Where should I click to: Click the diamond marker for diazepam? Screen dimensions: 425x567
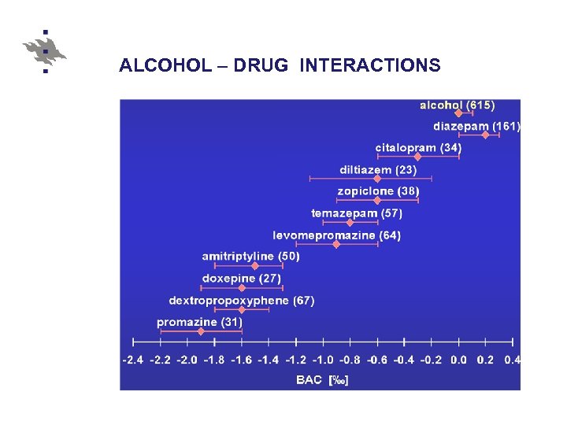[486, 135]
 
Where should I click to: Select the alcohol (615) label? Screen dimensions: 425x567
[458, 105]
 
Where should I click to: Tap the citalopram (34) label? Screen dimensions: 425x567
[418, 147]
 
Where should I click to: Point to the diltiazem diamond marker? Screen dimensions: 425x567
[376, 179]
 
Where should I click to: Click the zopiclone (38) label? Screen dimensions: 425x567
[378, 191]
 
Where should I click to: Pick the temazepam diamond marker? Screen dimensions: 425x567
[350, 223]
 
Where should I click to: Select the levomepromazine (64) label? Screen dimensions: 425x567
[336, 235]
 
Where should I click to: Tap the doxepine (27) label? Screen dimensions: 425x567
[242, 279]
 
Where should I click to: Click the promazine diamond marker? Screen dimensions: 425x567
[200, 332]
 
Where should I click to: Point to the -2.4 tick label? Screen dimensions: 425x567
[133, 360]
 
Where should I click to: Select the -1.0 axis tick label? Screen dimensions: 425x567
[323, 360]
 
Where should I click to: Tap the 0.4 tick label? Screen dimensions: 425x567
[512, 360]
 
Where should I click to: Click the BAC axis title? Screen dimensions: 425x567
[322, 380]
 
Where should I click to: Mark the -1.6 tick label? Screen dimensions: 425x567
[242, 360]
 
